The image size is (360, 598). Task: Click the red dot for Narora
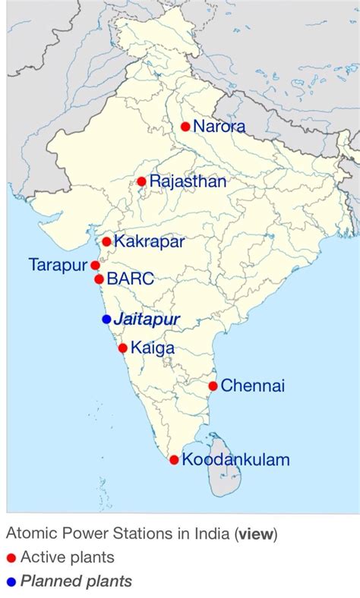[185, 127]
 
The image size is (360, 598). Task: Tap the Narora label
[219, 127]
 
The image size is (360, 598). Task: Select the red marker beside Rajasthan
[141, 181]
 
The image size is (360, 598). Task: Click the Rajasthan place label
[188, 181]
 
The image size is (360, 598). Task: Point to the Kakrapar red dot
[106, 242]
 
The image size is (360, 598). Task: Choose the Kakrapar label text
[149, 242]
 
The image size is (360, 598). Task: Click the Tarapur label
[58, 265]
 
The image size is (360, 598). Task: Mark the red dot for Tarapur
[95, 266]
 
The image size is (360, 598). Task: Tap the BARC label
[131, 279]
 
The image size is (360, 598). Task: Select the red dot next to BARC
[99, 279]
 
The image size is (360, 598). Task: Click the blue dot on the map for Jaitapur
[106, 319]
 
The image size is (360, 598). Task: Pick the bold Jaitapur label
[147, 319]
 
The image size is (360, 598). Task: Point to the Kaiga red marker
[123, 348]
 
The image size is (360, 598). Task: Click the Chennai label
[253, 386]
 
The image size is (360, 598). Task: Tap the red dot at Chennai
[213, 386]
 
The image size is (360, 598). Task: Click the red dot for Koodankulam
[174, 460]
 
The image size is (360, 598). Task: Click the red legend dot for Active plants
[11, 559]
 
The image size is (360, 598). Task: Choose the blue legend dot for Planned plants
[11, 583]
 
